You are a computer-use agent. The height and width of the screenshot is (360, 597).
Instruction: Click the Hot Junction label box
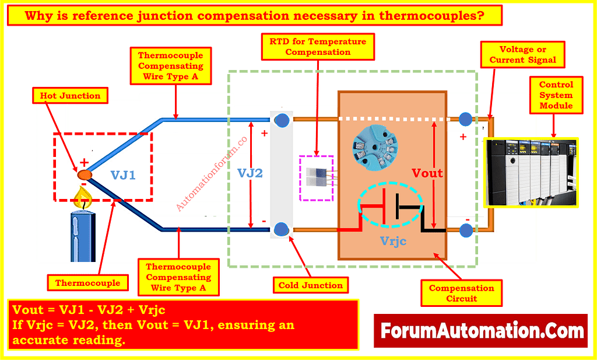(71, 96)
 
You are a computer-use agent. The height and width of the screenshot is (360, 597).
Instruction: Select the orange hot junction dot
(85, 174)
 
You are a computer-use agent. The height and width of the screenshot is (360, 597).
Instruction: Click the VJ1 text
(124, 174)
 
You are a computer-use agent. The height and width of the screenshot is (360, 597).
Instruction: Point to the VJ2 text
(250, 173)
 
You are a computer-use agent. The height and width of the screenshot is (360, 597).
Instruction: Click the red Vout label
(427, 173)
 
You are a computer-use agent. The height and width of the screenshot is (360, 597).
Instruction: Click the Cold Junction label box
(311, 285)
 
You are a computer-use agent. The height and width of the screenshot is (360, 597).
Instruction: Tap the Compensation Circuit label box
(461, 293)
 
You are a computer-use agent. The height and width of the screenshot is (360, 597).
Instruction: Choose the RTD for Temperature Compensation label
(318, 47)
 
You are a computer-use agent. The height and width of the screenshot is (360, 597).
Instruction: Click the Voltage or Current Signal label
(522, 55)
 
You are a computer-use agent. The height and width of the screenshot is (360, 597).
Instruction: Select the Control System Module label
(556, 95)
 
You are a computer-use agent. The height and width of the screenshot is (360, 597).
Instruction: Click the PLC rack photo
(531, 172)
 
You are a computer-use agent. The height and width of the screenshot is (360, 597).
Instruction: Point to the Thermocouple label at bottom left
(87, 283)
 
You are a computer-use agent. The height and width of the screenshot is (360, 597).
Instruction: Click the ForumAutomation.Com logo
(482, 331)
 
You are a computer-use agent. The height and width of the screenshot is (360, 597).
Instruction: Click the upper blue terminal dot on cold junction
(282, 120)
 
